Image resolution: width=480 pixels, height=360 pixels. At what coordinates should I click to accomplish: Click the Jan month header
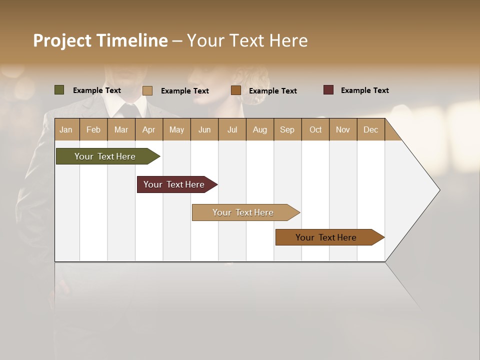pos(66,129)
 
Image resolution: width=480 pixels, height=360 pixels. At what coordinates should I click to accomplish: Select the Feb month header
pos(93,129)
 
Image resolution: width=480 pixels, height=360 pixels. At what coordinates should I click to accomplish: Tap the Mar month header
pos(121,129)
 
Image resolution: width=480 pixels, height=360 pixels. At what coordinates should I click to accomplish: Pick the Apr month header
pos(149,129)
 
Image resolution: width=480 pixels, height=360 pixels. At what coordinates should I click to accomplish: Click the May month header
pos(176,129)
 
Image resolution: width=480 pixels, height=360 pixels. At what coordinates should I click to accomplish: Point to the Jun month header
pos(204,129)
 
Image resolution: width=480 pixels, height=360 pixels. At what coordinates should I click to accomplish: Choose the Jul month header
pos(232,129)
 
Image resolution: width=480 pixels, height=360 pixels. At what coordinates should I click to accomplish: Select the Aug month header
pos(260,129)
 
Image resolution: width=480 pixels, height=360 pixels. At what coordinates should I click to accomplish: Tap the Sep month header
pos(287,129)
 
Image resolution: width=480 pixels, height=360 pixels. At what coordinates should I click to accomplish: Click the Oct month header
pos(315,129)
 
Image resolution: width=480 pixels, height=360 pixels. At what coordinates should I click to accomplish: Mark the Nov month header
pos(343,129)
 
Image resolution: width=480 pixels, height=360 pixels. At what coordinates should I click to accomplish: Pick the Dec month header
pos(371,129)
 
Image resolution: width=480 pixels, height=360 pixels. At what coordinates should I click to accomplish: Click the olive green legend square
pos(59,90)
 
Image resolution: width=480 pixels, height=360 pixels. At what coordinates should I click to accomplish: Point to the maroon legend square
pos(328,90)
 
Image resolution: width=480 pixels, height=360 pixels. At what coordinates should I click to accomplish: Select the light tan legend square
pos(147,90)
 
